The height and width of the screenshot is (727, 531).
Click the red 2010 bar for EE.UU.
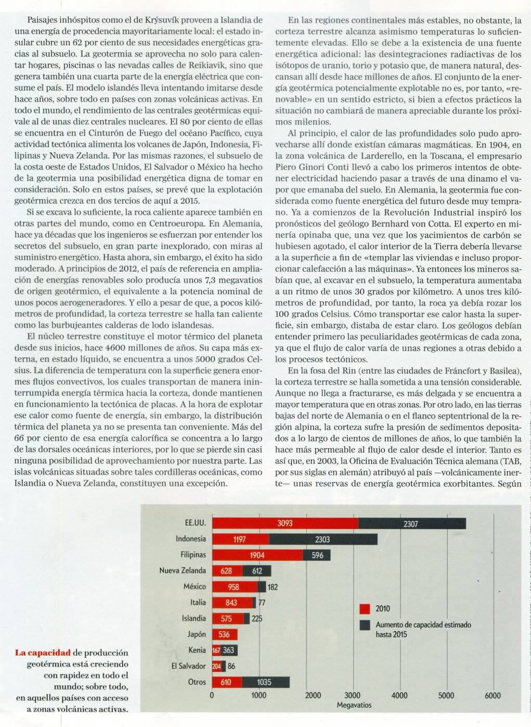[x=285, y=523]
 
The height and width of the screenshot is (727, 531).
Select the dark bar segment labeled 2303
[x=322, y=539]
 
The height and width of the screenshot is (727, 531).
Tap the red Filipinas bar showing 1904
[x=257, y=555]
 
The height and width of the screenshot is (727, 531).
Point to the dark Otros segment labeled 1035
[x=265, y=682]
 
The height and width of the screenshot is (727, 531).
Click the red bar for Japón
[x=224, y=634]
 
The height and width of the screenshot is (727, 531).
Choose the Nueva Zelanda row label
[x=183, y=571]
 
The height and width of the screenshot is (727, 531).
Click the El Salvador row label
[x=188, y=666]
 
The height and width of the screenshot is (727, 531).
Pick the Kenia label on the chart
[x=197, y=650]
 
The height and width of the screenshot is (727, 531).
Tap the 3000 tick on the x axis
[x=353, y=695]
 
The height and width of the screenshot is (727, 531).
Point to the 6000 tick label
[x=493, y=695]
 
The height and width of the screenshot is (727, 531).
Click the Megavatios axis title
[x=354, y=705]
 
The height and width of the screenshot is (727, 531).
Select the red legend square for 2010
[x=365, y=609]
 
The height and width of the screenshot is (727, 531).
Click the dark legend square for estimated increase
[x=365, y=624]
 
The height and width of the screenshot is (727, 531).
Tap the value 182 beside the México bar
[x=273, y=587]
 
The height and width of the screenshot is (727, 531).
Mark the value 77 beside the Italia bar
[x=262, y=603]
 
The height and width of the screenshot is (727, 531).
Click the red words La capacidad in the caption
[x=43, y=653]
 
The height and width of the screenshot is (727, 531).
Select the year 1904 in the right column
[x=498, y=145]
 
